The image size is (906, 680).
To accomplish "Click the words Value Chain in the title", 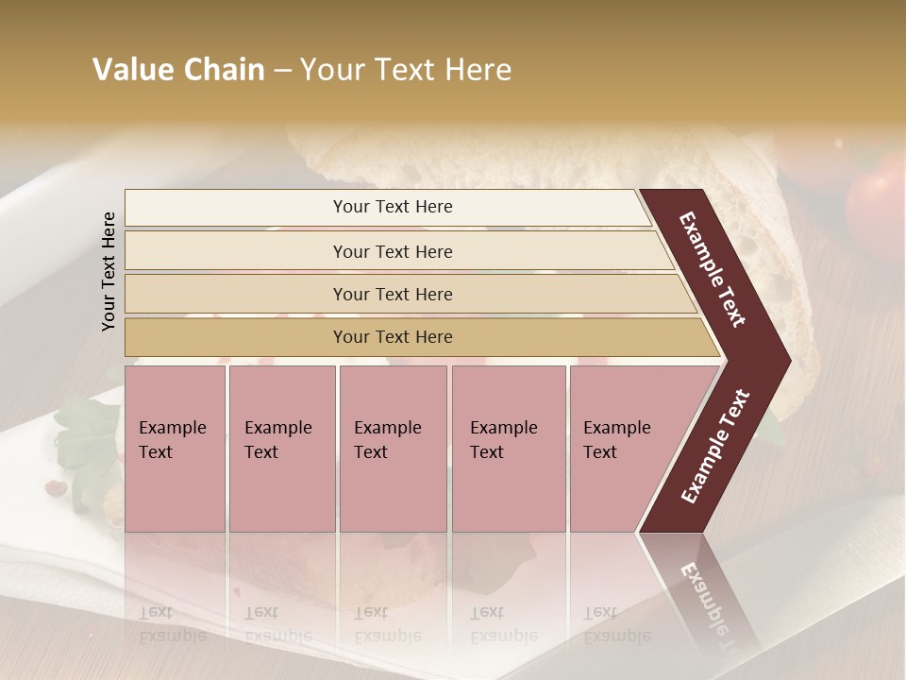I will [178, 70].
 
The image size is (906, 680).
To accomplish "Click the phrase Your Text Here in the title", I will [406, 70].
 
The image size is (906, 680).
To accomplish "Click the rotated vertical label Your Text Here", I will [109, 271].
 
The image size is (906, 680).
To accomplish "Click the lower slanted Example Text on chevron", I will [715, 447].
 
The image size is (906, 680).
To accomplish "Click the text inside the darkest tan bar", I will [393, 337].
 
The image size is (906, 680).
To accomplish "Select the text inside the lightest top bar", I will [393, 207].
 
